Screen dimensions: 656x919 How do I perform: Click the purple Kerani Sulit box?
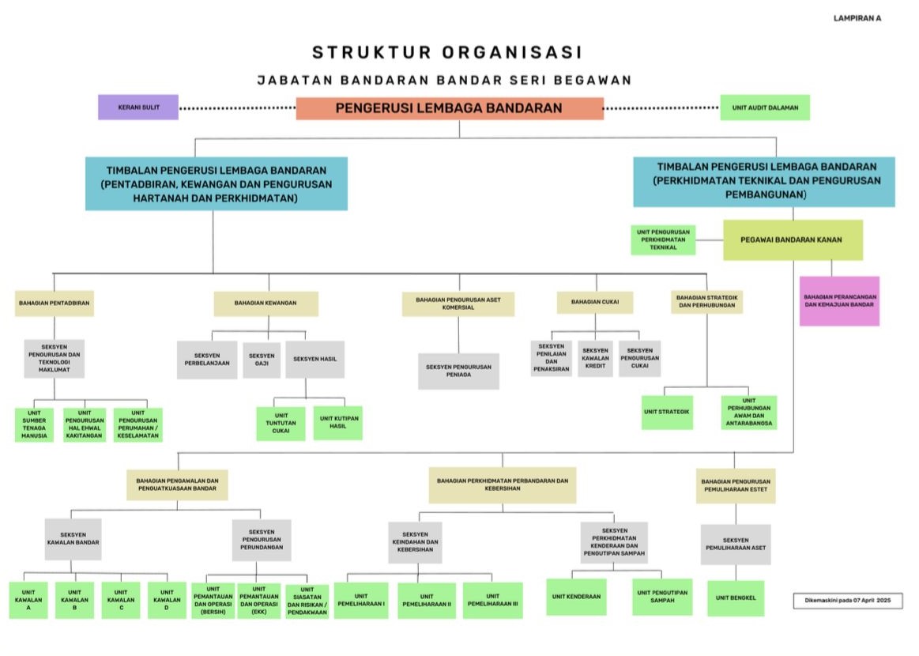coord(138,107)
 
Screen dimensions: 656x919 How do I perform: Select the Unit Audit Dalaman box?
coord(765,107)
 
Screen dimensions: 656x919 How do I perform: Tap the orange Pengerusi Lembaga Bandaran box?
coord(450,108)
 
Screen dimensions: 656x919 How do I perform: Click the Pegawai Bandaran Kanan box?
coord(793,239)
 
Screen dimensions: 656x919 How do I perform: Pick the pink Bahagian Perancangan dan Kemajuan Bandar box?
coord(839,300)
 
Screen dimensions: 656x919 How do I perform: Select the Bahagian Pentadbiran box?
coord(55,303)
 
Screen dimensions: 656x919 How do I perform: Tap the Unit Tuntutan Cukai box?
coord(281,423)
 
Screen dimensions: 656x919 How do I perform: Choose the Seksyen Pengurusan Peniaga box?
coord(458,371)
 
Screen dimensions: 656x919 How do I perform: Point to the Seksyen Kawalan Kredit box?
coord(595,359)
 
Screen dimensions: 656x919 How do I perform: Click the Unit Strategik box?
coord(667,412)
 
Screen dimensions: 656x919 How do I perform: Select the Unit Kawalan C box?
coord(121,600)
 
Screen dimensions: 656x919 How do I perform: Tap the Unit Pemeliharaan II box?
coord(427,600)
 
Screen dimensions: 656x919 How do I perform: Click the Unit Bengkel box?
coord(736,598)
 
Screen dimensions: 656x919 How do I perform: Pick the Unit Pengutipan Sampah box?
coord(662,596)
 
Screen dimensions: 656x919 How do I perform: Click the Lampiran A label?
coord(857,18)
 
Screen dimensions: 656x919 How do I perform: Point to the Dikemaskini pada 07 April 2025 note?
coord(847,601)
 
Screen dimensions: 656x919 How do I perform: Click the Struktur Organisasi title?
coord(447,53)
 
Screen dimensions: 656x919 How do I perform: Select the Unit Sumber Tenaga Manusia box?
coord(35,424)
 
